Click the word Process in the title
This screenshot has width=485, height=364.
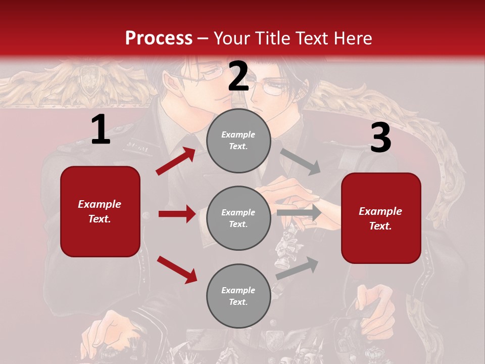click(x=159, y=38)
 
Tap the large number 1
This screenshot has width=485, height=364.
click(x=101, y=130)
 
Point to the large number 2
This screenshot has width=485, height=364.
click(x=238, y=76)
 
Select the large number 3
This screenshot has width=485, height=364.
click(x=380, y=138)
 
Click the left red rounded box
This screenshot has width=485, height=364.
click(x=100, y=211)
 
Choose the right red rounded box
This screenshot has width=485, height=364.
click(x=381, y=218)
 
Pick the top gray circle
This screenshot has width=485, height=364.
click(x=238, y=141)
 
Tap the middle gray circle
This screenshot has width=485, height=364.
click(x=238, y=218)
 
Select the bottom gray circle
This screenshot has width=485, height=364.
click(x=238, y=296)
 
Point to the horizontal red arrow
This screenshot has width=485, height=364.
click(x=177, y=214)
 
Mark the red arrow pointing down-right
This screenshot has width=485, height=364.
click(x=177, y=269)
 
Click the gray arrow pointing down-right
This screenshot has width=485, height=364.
click(x=301, y=161)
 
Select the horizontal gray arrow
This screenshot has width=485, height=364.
click(x=299, y=212)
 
